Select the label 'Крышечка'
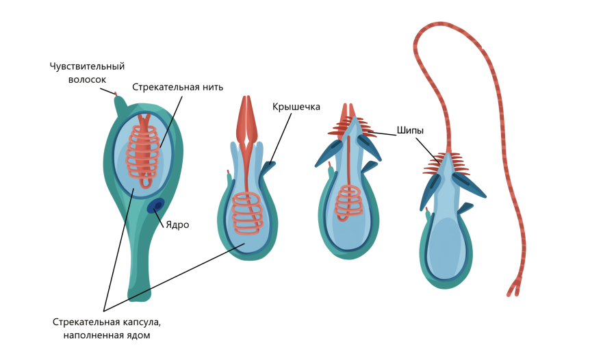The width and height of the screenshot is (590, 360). click(296, 107)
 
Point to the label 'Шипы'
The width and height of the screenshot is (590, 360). click(410, 129)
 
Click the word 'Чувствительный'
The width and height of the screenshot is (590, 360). click(87, 66)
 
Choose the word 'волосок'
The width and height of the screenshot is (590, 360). click(87, 79)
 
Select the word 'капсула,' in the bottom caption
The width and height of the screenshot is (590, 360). click(142, 322)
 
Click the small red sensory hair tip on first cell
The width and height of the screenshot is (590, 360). click(116, 94)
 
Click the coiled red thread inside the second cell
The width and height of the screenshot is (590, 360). click(247, 211)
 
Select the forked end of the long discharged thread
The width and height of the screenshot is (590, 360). click(513, 288)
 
